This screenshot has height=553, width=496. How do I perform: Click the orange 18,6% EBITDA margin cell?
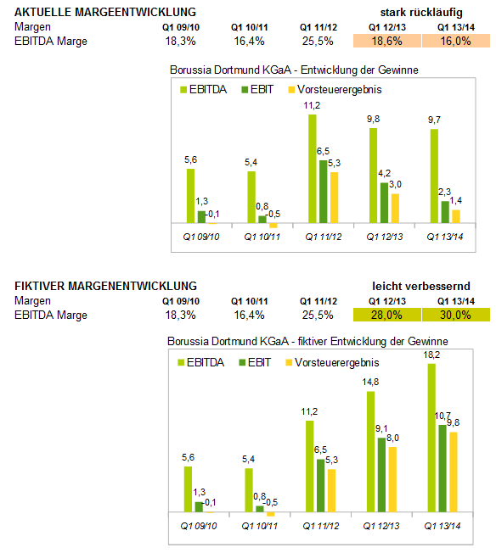[x=387, y=41]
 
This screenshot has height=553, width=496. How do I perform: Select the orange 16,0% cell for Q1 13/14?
[x=456, y=41]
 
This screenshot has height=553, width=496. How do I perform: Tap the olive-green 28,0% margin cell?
[x=387, y=315]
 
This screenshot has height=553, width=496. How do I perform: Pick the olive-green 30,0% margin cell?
[x=456, y=315]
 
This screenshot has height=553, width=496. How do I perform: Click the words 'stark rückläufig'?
[x=421, y=13]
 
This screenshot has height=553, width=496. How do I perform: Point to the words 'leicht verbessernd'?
[x=421, y=286]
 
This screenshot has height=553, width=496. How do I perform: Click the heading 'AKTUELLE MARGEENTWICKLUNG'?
[x=105, y=13]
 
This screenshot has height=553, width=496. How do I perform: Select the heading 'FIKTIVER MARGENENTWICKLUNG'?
[x=105, y=286]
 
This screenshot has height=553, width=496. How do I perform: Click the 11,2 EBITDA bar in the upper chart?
[x=313, y=169]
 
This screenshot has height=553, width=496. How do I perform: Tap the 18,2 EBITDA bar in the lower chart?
[x=431, y=438]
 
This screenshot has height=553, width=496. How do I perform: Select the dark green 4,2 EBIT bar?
[x=384, y=203]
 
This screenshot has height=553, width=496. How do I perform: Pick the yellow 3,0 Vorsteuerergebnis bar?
[x=395, y=209]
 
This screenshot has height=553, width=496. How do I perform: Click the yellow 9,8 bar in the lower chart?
[x=454, y=472]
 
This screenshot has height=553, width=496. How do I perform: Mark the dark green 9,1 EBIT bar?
[x=381, y=475]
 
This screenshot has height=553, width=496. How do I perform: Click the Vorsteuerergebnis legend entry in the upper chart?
[x=335, y=90]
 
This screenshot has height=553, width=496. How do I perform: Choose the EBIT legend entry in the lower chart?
[x=255, y=362]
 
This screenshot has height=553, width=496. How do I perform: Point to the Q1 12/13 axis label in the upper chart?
[x=385, y=237]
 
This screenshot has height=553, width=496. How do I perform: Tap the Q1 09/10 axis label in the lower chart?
[x=199, y=526]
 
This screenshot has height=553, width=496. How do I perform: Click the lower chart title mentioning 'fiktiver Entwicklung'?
[x=307, y=342]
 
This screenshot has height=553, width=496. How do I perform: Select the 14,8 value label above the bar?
[x=370, y=382]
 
